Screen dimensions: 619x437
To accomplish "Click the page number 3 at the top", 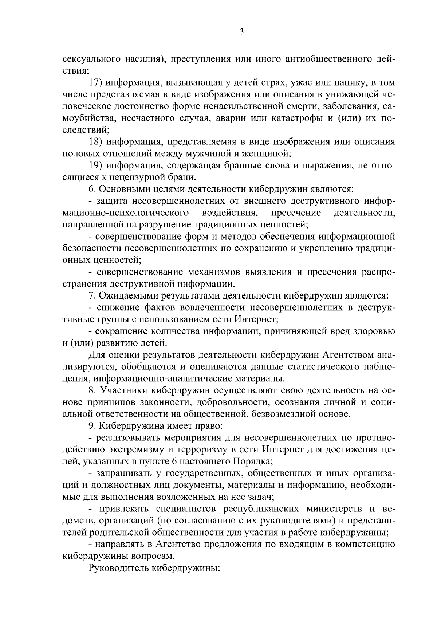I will (241, 32).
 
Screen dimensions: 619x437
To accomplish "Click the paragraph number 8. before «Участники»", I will (92, 390).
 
